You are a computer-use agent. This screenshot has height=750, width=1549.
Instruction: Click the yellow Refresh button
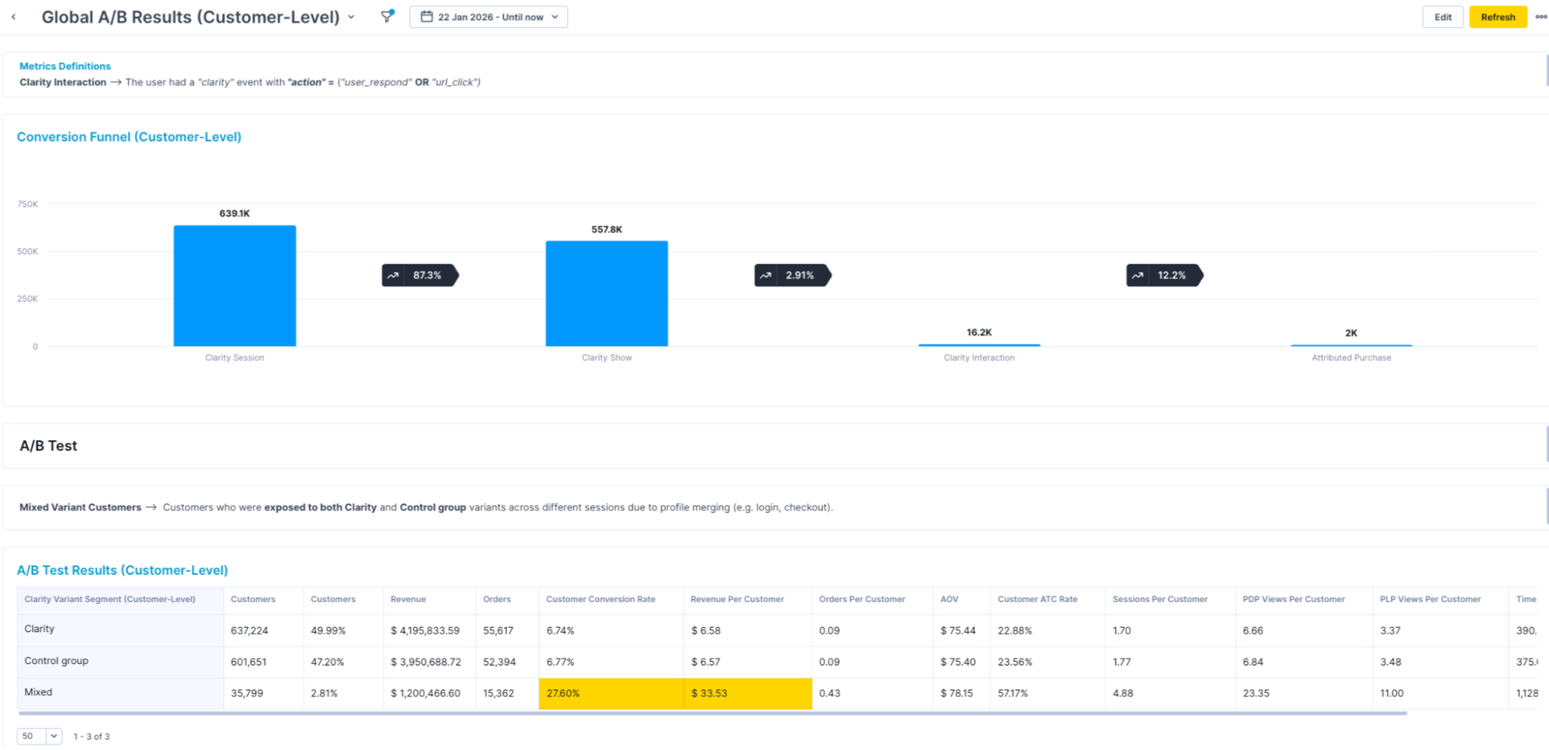coord(1497,17)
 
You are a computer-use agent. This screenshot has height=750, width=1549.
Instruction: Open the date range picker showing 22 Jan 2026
coord(489,17)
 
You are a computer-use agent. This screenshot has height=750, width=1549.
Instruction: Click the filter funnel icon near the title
coord(387,16)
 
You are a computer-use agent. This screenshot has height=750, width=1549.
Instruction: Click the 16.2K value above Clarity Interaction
coord(979,332)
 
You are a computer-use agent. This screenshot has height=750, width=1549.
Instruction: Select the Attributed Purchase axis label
coord(1351,358)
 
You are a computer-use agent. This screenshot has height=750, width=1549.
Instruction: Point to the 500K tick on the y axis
coord(28,252)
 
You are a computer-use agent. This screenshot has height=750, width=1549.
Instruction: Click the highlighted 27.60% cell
coord(611,693)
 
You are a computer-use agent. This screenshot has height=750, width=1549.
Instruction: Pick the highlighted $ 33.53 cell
coord(747,693)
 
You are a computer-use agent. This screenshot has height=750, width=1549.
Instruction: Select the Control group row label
coord(57,661)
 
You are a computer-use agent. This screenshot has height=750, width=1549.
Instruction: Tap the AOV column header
coord(949,599)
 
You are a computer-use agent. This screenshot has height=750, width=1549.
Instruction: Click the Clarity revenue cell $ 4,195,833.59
coord(425,631)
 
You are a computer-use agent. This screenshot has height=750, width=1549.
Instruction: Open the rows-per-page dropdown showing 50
coord(40,736)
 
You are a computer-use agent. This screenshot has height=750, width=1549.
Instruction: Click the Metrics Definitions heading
coord(65,67)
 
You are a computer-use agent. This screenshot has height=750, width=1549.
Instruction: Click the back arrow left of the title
coord(13,17)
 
